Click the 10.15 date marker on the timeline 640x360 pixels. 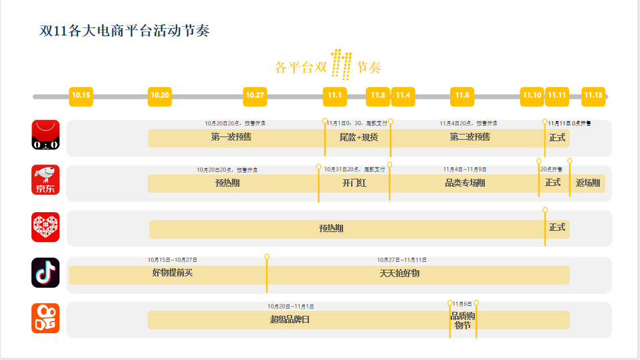pos(81,96)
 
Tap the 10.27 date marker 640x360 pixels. pos(255,96)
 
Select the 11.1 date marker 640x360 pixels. pos(334,96)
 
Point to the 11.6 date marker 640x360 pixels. pos(462,96)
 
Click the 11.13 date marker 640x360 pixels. pos(593,96)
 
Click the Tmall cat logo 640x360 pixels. pos(45,134)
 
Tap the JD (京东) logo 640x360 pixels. pos(45,180)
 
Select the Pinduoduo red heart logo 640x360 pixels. pos(45,227)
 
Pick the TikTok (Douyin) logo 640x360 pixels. pos(45,272)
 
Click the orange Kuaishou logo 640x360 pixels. pos(45,318)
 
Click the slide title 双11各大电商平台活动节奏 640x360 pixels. pos(124,31)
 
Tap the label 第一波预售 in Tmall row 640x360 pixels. pos(231,137)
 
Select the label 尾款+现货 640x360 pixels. pos(358,137)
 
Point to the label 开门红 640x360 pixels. pos(354,183)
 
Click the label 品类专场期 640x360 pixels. pos(465,183)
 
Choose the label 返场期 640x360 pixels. pos(588,183)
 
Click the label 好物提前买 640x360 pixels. pos(172,272)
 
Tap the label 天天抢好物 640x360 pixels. pos(399,273)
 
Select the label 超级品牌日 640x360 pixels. pos(290,319)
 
